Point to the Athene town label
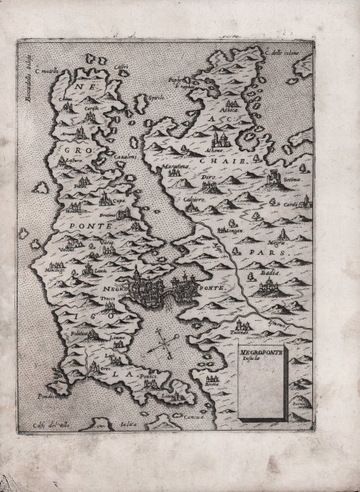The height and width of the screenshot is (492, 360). (x=213, y=149)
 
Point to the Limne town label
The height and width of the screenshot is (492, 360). (x=117, y=340)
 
